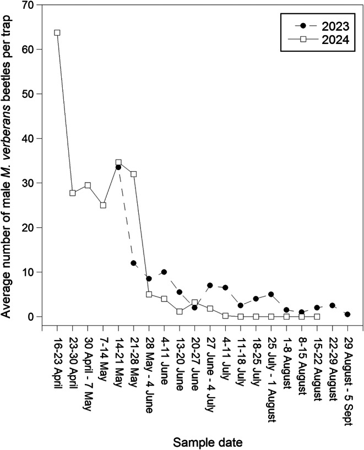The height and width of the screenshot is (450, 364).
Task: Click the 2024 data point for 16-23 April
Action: point(57,32)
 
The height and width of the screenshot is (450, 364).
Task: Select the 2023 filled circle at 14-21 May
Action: point(118,167)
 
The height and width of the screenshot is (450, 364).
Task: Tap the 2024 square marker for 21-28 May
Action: point(133,174)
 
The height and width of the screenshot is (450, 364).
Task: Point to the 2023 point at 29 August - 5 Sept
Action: point(347,314)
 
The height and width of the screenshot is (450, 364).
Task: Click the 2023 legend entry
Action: point(322,26)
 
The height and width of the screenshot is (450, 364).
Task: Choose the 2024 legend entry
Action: point(322,40)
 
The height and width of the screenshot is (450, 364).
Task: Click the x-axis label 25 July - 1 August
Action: point(270,376)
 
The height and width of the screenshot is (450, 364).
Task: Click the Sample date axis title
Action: point(208,442)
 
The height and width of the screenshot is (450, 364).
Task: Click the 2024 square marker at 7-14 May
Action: point(103,205)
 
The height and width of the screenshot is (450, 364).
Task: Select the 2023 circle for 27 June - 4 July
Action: point(210,286)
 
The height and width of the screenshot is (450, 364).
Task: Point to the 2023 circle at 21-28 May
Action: point(133,263)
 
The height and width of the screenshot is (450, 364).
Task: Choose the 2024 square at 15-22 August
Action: point(317,316)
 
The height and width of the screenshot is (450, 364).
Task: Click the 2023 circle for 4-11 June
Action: point(164,272)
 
